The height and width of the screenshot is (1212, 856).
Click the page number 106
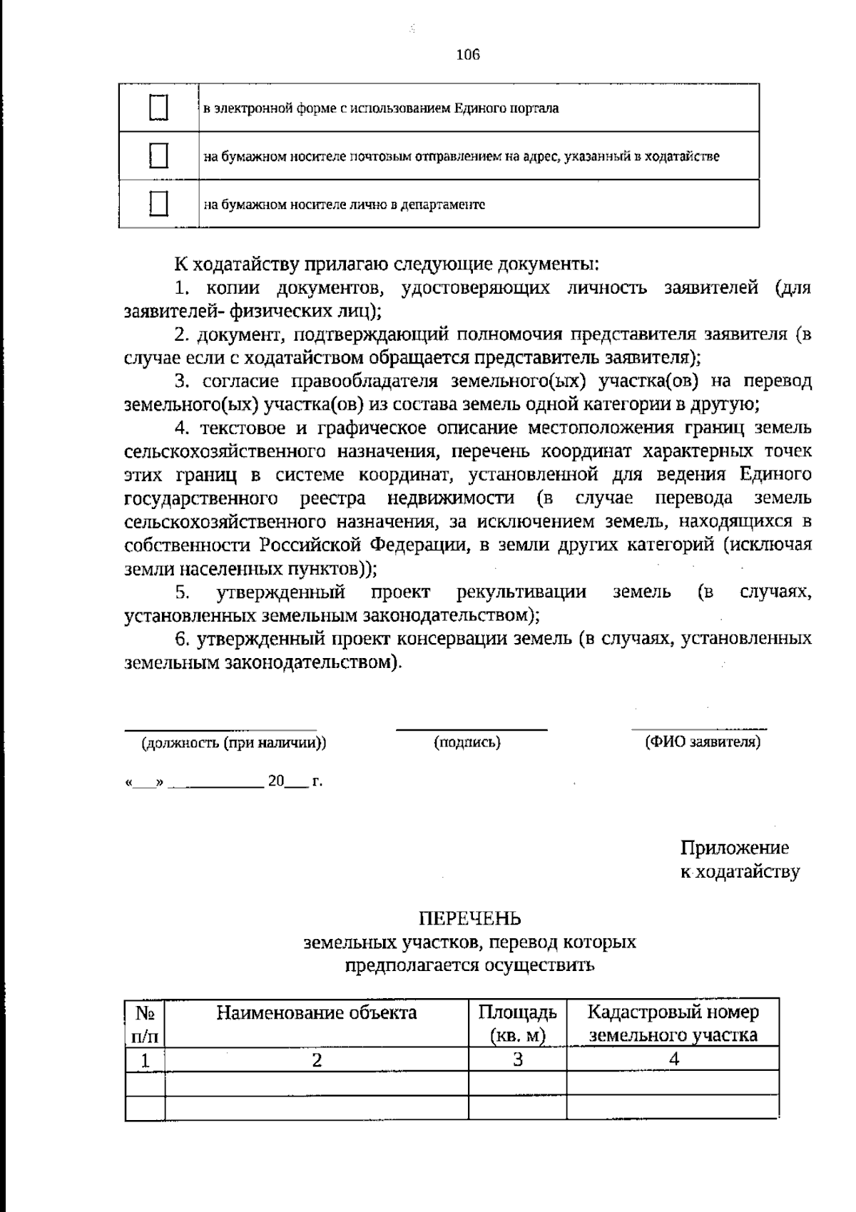click(x=467, y=55)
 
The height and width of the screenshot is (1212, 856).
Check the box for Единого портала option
click(x=158, y=108)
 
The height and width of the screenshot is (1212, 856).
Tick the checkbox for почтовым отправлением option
click(x=158, y=155)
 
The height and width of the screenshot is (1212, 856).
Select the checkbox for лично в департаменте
click(x=158, y=204)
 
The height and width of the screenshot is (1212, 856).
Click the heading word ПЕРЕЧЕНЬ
click(x=469, y=918)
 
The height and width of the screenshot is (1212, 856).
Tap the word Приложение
click(x=735, y=848)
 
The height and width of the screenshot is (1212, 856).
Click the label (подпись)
click(x=467, y=742)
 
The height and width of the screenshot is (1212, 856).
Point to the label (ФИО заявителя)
click(x=703, y=741)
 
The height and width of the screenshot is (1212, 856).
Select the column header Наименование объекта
click(x=317, y=1012)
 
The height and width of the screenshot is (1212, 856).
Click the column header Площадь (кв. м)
click(x=517, y=1023)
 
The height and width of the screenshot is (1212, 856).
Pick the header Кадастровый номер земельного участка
click(x=673, y=1023)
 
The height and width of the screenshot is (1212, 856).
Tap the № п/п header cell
click(x=145, y=1023)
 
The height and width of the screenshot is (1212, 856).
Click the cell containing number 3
click(x=517, y=1059)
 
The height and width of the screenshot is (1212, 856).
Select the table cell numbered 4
click(x=673, y=1059)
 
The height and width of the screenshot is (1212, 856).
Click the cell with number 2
click(x=317, y=1059)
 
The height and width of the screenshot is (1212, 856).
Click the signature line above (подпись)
click(x=472, y=729)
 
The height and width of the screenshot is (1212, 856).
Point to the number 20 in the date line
click(x=276, y=781)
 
